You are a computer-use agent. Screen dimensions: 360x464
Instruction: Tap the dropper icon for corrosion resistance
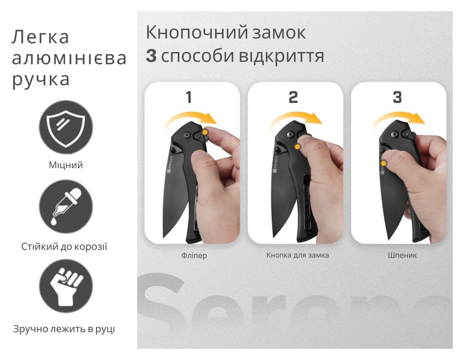pyautogui.click(x=66, y=206)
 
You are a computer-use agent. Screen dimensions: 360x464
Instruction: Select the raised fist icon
pyautogui.click(x=66, y=286)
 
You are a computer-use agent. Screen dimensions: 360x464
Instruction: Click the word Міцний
pyautogui.click(x=66, y=165)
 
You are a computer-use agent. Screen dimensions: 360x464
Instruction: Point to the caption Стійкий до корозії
pyautogui.click(x=64, y=247)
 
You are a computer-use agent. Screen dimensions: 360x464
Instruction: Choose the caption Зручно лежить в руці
pyautogui.click(x=64, y=329)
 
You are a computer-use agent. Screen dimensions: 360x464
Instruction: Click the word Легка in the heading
pyautogui.click(x=40, y=37)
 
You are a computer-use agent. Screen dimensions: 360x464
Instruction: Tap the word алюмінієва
pyautogui.click(x=69, y=58)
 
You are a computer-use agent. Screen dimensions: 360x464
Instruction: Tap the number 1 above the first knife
pyautogui.click(x=189, y=97)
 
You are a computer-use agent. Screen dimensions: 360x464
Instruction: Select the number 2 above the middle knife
pyautogui.click(x=293, y=97)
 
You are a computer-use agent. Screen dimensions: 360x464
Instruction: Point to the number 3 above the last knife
pyautogui.click(x=397, y=97)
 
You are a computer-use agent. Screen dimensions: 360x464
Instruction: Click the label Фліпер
pyautogui.click(x=194, y=256)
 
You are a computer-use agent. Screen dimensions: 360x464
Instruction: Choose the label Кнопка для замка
pyautogui.click(x=297, y=255)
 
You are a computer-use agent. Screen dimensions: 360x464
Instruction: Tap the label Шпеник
pyautogui.click(x=402, y=255)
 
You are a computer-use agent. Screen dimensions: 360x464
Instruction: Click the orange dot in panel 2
pyautogui.click(x=297, y=146)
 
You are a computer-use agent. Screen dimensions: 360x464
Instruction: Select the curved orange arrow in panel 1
pyautogui.click(x=191, y=118)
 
